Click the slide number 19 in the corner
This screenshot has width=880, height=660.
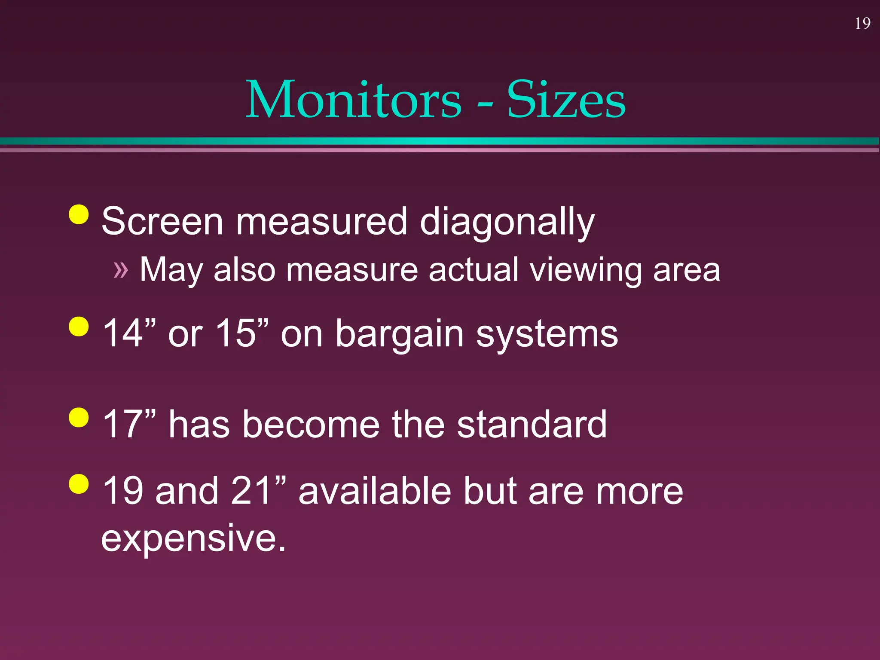pos(862,24)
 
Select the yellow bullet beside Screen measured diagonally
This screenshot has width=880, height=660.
pos(79,214)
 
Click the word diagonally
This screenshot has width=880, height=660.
pos(507,223)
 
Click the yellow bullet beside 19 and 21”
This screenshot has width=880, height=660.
pos(79,484)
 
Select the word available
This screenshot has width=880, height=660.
pos(375,491)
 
